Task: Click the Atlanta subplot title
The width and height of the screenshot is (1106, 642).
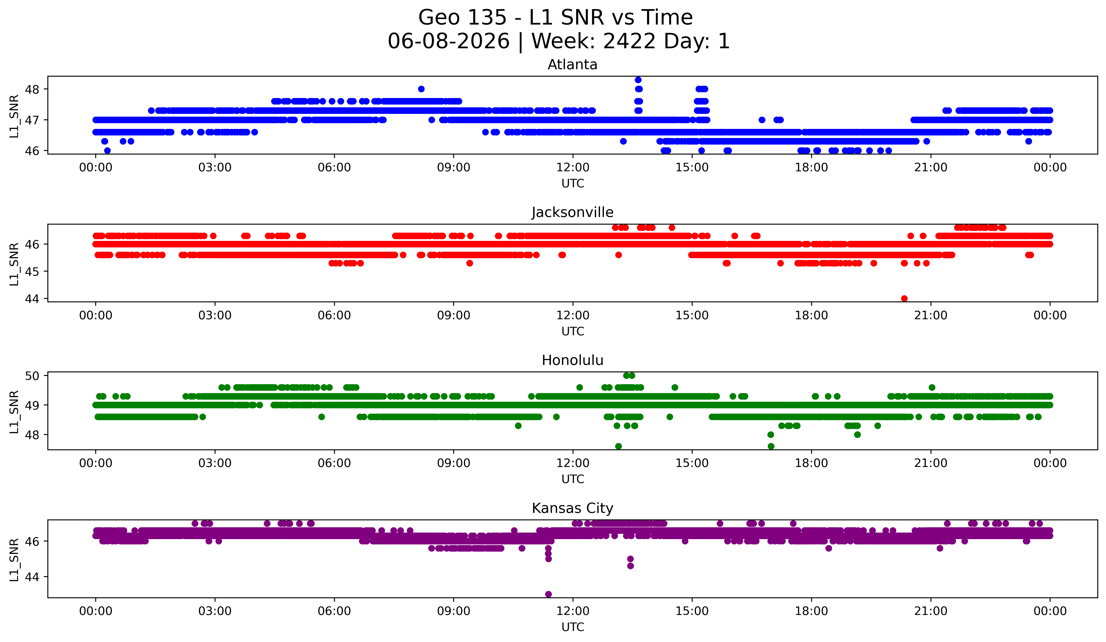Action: tap(572, 65)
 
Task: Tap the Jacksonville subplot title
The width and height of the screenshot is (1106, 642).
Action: tap(572, 212)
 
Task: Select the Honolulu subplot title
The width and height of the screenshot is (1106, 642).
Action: tap(572, 360)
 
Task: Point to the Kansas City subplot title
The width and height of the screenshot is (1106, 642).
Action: tap(572, 508)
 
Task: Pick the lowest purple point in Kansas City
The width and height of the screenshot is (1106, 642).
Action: tap(548, 594)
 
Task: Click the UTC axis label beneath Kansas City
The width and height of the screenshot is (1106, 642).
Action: tap(573, 627)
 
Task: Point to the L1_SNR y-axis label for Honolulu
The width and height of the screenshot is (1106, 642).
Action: tap(14, 412)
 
